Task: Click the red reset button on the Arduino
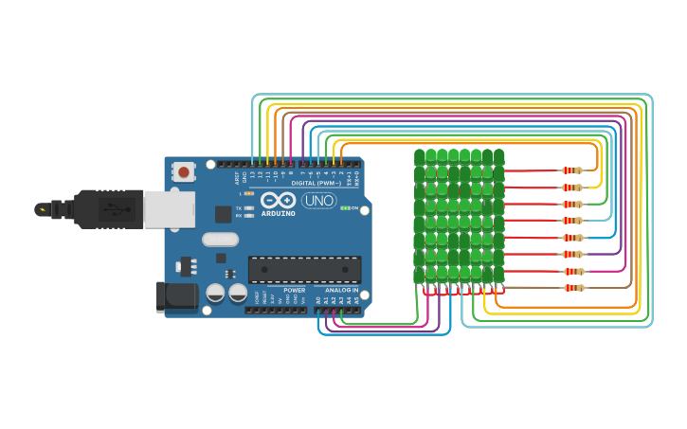pos(184,171)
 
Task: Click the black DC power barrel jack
pos(176,295)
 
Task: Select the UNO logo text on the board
pos(317,201)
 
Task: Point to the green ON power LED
pos(346,208)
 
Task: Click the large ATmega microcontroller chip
pos(304,269)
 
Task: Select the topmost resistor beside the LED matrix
pos(571,170)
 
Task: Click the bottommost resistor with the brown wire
pos(574,288)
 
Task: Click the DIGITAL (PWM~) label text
pos(316,183)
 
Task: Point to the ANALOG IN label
pos(341,290)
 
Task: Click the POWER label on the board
pos(294,290)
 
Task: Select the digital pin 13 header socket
pos(252,164)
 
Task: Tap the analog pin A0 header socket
pos(318,309)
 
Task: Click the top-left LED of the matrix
pos(420,156)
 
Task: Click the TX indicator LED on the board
pos(248,207)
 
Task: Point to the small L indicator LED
pos(248,193)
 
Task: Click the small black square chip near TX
pos(223,214)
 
